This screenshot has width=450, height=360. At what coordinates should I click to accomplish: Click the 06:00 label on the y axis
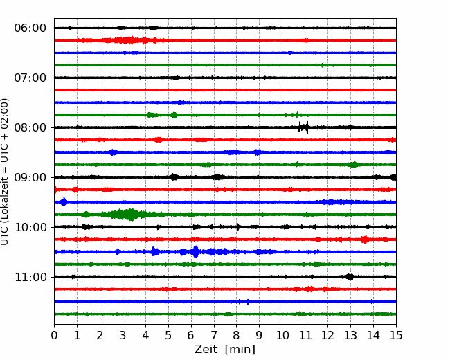(x=30, y=28)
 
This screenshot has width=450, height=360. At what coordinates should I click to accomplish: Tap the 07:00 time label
(x=30, y=78)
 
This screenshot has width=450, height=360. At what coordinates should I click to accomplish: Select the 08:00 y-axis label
(x=30, y=128)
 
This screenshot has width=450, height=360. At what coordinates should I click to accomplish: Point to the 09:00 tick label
(x=30, y=177)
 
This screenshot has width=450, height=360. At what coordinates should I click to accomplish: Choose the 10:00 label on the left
(x=30, y=227)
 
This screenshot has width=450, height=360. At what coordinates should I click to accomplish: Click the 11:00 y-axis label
(x=30, y=278)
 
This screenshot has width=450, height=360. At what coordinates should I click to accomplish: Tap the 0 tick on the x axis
(x=54, y=335)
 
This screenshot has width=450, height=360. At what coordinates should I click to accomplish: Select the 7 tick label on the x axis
(x=214, y=335)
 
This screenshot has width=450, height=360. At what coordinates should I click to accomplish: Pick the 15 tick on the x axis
(x=396, y=335)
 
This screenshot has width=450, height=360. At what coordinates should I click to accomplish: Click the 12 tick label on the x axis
(x=327, y=335)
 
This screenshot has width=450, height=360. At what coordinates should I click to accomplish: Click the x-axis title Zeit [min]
(x=225, y=350)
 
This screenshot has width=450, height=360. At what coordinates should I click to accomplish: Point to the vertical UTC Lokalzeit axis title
(x=5, y=172)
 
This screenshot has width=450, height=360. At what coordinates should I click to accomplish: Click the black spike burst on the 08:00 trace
(x=304, y=127)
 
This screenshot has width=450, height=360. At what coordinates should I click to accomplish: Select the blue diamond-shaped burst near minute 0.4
(x=64, y=201)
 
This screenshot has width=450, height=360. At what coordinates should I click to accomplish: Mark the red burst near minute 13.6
(x=365, y=239)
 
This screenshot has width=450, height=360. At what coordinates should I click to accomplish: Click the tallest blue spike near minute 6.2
(x=196, y=252)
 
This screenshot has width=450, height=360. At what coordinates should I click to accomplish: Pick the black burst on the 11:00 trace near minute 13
(x=350, y=277)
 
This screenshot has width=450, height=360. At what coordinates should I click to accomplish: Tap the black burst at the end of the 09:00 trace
(x=393, y=177)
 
